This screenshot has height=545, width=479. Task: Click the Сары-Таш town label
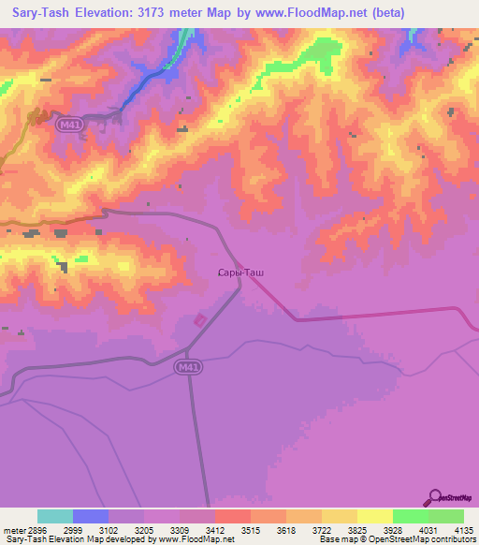click(x=239, y=272)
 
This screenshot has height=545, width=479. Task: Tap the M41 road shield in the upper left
click(x=66, y=124)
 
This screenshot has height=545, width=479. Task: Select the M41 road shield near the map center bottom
click(x=185, y=369)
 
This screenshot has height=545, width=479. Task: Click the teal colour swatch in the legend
click(x=55, y=516)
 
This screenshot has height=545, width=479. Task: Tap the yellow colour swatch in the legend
click(x=374, y=516)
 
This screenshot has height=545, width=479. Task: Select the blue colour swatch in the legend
click(x=91, y=516)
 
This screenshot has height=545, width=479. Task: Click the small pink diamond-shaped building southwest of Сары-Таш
click(x=200, y=320)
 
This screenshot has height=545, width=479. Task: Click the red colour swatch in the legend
click(x=232, y=516)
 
